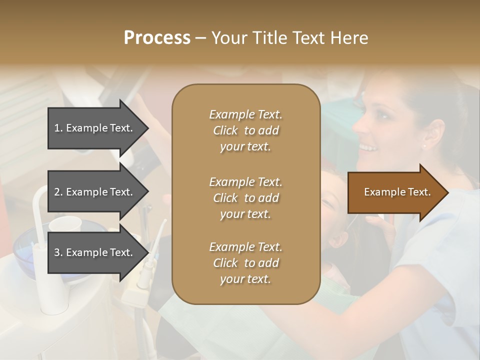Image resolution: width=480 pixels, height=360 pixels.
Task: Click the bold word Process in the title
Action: point(157,38)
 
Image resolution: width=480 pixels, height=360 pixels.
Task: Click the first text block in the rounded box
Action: point(245,130)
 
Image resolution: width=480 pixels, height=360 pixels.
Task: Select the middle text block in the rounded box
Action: point(245,198)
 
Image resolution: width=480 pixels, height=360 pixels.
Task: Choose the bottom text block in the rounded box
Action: point(245,263)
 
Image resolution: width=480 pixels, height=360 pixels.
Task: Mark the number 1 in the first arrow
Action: point(56,128)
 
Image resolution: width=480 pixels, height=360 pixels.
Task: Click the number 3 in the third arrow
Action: point(57,252)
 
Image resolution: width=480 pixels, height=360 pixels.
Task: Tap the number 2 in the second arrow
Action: point(57,192)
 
